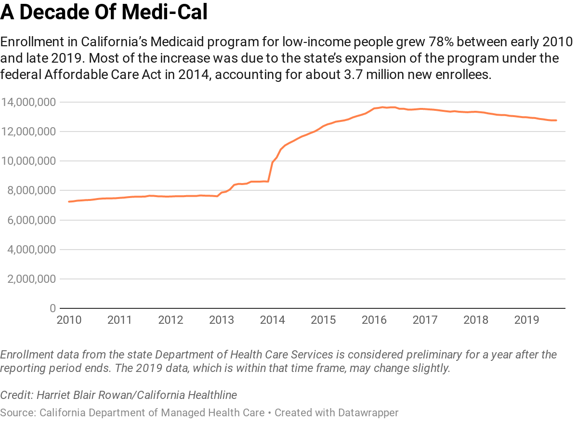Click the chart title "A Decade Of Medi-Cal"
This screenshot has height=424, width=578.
tap(104, 13)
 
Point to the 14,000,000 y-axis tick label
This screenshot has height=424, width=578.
tap(28, 102)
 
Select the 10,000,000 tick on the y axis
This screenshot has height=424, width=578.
tap(28, 161)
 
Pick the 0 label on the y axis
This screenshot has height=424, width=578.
tap(53, 308)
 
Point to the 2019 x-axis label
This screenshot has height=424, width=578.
tap(526, 320)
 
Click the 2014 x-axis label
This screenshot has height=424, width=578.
tap(272, 320)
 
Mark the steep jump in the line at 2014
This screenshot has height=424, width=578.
tap(271, 169)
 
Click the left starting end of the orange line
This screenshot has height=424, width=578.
tap(69, 201)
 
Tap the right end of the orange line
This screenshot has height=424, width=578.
tap(556, 120)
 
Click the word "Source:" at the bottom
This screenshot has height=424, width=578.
tap(18, 412)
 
